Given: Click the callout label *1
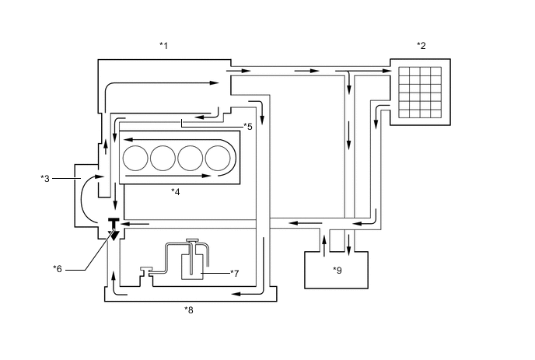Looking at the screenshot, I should click(x=163, y=46).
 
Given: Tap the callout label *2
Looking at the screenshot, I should click(x=421, y=46).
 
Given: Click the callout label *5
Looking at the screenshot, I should click(x=247, y=126).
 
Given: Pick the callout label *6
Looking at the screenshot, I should click(x=57, y=269).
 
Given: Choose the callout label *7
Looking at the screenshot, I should click(x=236, y=273).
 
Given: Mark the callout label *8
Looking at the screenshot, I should click(x=188, y=309).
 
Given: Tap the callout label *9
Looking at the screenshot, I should click(x=337, y=270).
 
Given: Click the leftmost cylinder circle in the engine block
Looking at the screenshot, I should click(x=135, y=158).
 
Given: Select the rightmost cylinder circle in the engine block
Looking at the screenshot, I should click(x=218, y=158).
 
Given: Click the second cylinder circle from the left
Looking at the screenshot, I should click(x=163, y=158).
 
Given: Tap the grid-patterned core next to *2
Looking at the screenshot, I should click(x=420, y=90).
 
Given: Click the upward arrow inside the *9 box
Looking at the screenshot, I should click(x=323, y=248).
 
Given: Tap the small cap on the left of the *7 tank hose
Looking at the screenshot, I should click(x=145, y=271).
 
